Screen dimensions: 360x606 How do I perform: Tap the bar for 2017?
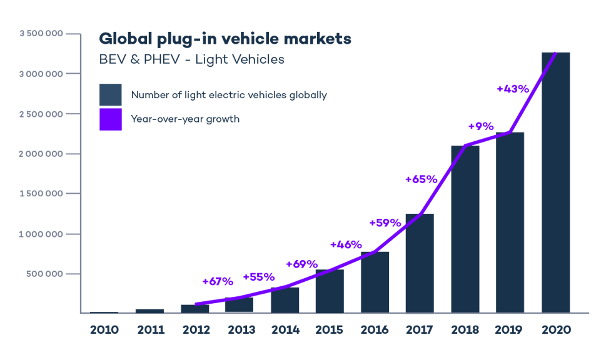[x=419, y=262]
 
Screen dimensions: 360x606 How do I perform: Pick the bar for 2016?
[x=375, y=281]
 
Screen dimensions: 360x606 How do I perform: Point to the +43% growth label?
[x=512, y=89]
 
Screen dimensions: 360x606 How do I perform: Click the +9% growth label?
[x=480, y=126]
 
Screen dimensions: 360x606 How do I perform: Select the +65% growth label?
[x=420, y=179]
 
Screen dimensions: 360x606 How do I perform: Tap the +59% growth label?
[x=385, y=223]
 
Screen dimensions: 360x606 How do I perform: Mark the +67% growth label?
[x=217, y=281]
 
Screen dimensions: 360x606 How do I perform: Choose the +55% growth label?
[x=258, y=276]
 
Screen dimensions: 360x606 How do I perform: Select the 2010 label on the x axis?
[x=104, y=329]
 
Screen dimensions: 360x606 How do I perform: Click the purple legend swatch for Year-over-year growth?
[x=111, y=119]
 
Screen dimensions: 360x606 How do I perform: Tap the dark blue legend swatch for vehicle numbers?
[x=111, y=95]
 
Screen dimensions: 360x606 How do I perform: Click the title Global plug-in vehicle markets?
[x=225, y=39]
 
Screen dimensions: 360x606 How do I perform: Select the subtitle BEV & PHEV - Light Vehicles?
[x=191, y=60]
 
